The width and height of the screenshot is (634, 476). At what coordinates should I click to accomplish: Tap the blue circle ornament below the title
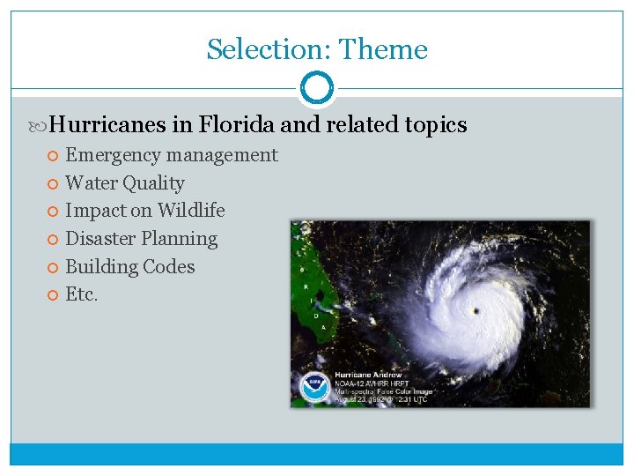pyautogui.click(x=317, y=88)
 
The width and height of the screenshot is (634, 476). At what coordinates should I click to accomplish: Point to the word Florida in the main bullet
pyautogui.click(x=238, y=125)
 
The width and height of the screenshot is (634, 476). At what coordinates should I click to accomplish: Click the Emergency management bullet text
pyautogui.click(x=172, y=155)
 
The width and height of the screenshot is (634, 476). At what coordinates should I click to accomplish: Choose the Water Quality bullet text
pyautogui.click(x=125, y=183)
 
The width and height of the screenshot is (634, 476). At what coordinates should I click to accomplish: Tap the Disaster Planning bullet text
pyautogui.click(x=142, y=239)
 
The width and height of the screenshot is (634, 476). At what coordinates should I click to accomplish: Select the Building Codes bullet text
pyautogui.click(x=130, y=267)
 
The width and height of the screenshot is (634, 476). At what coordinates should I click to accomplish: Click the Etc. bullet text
pyautogui.click(x=82, y=294)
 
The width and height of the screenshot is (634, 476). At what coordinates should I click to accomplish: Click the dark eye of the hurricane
pyautogui.click(x=475, y=310)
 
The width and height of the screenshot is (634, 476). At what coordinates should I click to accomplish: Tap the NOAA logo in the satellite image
pyautogui.click(x=313, y=388)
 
